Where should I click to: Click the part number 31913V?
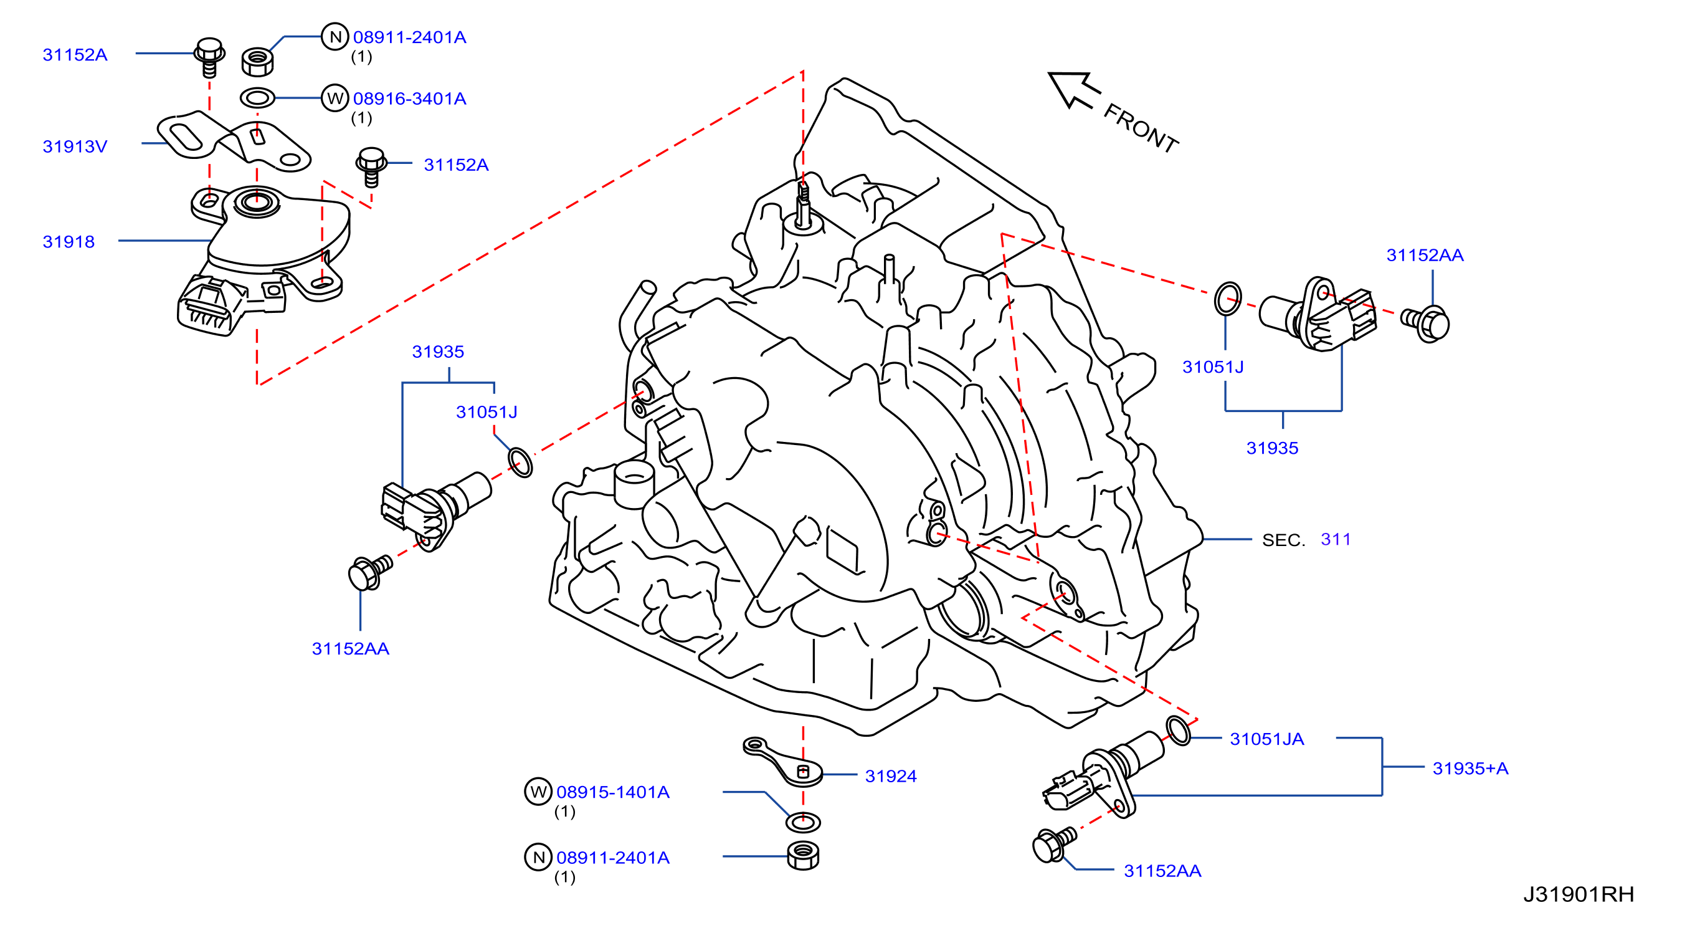[75, 146]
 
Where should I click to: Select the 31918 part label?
[69, 242]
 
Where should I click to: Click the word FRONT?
[1141, 128]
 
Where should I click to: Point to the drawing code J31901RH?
[1579, 894]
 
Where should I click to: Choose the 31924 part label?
[891, 776]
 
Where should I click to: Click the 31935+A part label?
[1470, 768]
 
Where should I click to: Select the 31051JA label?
[1267, 739]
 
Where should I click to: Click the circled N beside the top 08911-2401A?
[335, 36]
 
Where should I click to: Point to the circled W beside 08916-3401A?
[335, 98]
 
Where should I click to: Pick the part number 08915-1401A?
[613, 792]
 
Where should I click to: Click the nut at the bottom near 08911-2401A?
[803, 856]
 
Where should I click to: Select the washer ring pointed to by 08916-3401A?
[257, 98]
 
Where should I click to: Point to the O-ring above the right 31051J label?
[1227, 299]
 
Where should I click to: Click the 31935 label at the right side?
[1271, 448]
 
